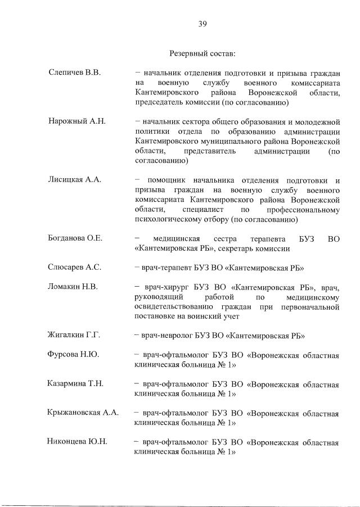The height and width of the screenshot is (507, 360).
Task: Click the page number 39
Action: pyautogui.click(x=203, y=23)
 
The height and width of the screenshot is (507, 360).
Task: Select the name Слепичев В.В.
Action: pyautogui.click(x=74, y=74)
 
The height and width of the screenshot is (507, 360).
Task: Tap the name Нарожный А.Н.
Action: pyautogui.click(x=76, y=121)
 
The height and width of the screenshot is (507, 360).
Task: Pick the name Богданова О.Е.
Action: pyautogui.click(x=75, y=238)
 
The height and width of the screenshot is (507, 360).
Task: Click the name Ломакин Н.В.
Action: pyautogui.click(x=73, y=287)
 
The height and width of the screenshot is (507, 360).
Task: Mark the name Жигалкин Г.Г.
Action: pyautogui.click(x=74, y=336)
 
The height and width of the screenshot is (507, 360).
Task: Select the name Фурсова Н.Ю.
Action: pyautogui.click(x=73, y=355)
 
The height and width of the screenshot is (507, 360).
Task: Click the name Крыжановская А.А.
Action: pyautogui.click(x=83, y=413)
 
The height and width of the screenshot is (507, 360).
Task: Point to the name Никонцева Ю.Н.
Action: pyautogui.click(x=77, y=442)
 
